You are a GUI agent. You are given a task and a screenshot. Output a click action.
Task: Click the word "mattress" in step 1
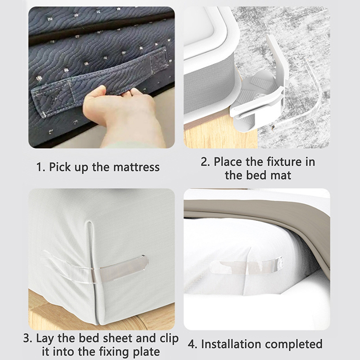pos(136,167)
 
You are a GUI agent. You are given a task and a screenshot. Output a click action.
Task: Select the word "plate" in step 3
pos(147,352)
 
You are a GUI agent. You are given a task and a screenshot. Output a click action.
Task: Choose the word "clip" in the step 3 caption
pos(168,339)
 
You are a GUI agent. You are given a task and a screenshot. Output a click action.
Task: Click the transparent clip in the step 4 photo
pos(247,266)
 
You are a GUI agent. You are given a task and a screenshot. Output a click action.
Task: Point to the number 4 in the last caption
pos(192,344)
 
